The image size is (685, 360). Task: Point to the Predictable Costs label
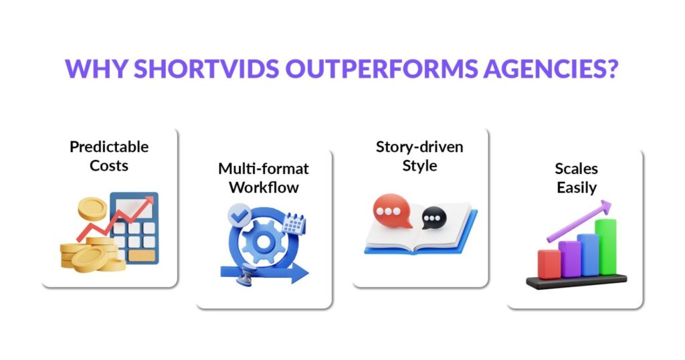pos(109,155)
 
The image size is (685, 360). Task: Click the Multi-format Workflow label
pos(264,178)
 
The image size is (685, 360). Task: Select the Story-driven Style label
pos(419,155)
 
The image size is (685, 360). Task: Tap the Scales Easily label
pos(575,178)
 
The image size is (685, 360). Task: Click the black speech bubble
pos(433,217)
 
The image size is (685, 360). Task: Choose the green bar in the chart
pos(607,246)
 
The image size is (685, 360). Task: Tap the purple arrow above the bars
pos(579,220)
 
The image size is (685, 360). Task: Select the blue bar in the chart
pos(588,254)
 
